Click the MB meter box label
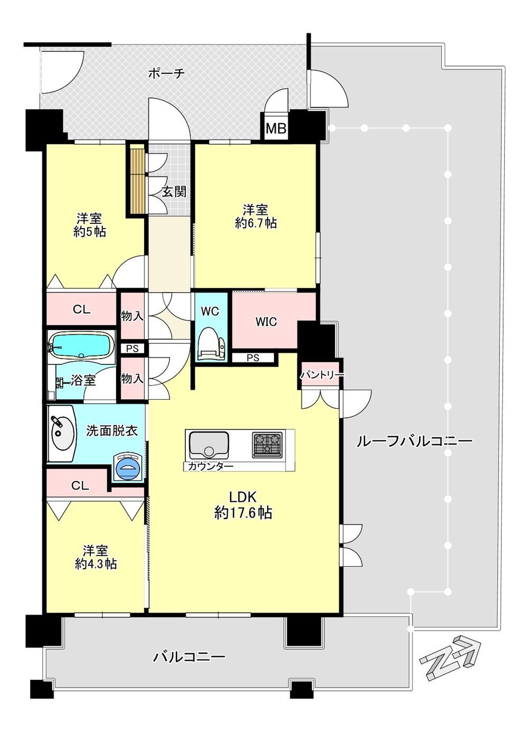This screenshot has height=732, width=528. coord(276,128)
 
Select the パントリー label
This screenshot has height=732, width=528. coord(323,374)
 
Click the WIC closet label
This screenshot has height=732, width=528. coord(266,322)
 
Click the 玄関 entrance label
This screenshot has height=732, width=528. coord(174,192)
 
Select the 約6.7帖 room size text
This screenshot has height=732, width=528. coord(256,223)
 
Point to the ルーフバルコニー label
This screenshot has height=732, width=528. coord(414,442)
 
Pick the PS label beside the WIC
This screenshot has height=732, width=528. coord(253,358)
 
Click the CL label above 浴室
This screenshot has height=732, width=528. coord(81,309)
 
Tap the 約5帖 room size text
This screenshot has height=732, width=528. coord(90,232)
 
